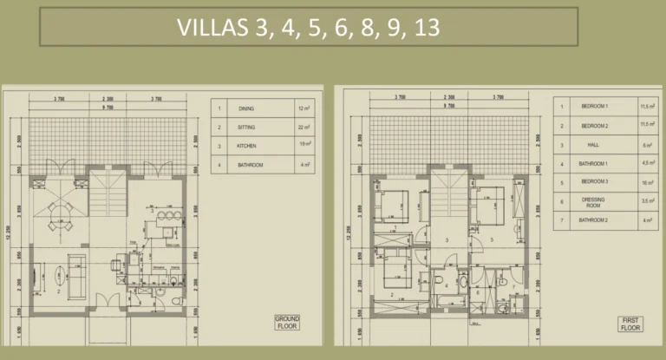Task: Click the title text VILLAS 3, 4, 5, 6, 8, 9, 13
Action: click(308, 26)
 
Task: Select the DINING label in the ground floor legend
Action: click(247, 109)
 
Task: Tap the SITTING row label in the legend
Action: click(247, 127)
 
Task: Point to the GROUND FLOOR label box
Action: click(287, 322)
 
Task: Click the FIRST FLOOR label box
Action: click(630, 324)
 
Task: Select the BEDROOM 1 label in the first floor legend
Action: click(595, 107)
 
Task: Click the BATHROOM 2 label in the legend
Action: click(595, 220)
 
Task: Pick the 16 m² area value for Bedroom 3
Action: click(645, 183)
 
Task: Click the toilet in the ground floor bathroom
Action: click(176, 301)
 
